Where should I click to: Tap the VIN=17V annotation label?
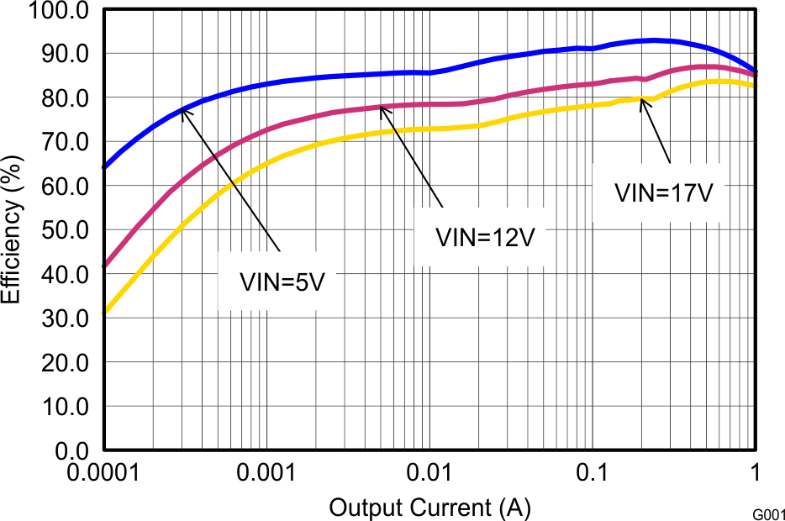click(664, 192)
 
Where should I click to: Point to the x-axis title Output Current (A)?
click(429, 508)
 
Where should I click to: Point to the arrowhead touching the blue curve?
click(183, 109)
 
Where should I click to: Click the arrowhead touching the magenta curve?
click(382, 108)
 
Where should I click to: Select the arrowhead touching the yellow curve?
click(643, 100)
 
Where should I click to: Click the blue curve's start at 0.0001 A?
click(104, 167)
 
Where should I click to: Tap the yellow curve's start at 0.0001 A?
click(104, 312)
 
